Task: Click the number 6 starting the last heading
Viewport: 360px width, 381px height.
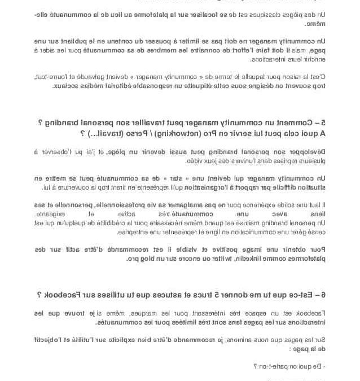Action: (x=323, y=295)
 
